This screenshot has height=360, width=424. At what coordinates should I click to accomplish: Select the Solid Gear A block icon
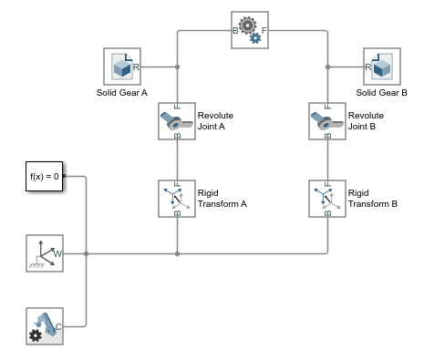click(x=123, y=67)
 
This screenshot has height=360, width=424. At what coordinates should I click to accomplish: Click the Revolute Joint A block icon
click(x=176, y=122)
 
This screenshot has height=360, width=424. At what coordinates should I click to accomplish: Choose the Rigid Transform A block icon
click(x=176, y=199)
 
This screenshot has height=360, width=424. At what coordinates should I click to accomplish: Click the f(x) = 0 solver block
click(x=44, y=177)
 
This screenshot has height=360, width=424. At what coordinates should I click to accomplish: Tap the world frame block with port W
click(x=44, y=252)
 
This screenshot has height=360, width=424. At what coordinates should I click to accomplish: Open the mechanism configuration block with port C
click(x=44, y=325)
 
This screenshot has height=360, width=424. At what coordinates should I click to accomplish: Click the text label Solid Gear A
click(x=123, y=93)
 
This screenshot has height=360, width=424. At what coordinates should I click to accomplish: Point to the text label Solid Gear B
click(x=381, y=93)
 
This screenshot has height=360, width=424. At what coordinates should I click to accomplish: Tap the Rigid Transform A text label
click(x=222, y=199)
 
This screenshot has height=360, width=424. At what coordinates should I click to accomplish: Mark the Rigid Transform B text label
click(x=373, y=199)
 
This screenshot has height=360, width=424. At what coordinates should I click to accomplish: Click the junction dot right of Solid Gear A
click(x=177, y=67)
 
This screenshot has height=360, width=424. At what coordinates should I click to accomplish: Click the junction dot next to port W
click(x=86, y=252)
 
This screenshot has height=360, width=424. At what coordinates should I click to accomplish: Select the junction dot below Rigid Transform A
click(x=177, y=252)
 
